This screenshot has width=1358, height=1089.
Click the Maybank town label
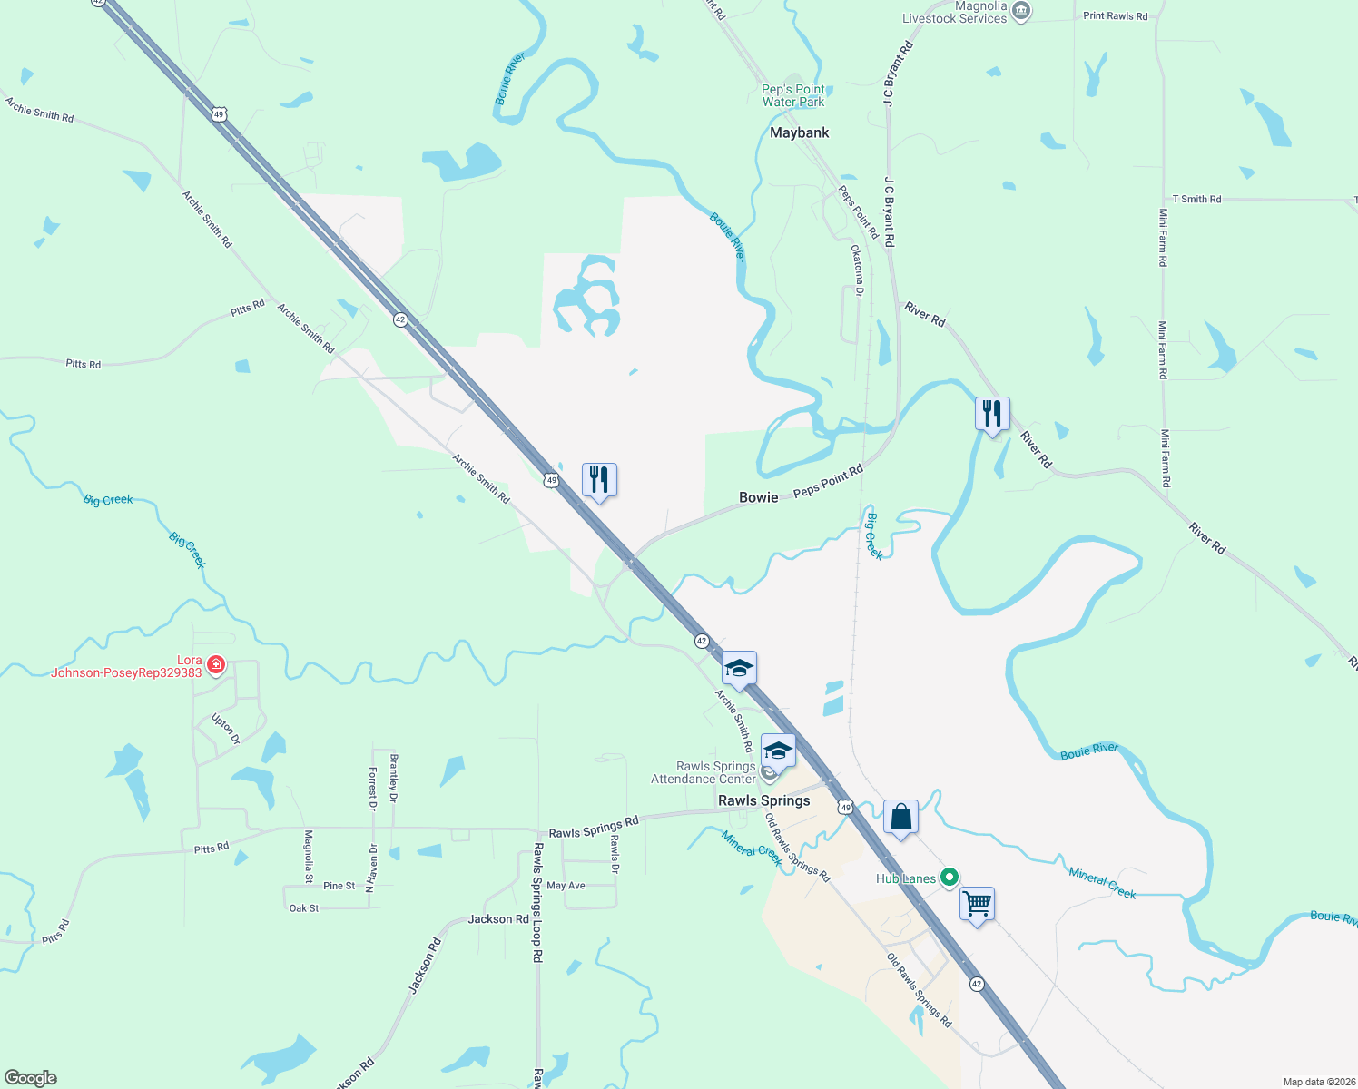(x=799, y=132)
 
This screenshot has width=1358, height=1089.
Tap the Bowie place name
(x=759, y=497)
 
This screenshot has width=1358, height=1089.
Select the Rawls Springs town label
(x=763, y=800)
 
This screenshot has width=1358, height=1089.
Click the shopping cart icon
(x=977, y=904)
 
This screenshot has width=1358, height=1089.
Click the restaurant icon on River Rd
(x=992, y=414)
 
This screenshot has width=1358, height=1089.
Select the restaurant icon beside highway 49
(x=599, y=479)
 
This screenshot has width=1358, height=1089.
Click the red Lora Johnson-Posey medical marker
(x=215, y=664)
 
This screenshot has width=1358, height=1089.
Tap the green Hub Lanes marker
(x=950, y=878)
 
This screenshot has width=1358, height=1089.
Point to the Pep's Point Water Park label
(x=793, y=95)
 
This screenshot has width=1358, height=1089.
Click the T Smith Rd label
(x=1196, y=199)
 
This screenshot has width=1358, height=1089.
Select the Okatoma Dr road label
(x=857, y=270)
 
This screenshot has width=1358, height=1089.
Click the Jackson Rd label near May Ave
(x=498, y=919)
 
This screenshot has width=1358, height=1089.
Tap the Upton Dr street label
(x=225, y=729)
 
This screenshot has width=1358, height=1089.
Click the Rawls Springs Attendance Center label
(x=704, y=772)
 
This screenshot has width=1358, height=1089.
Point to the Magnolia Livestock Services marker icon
(x=1021, y=11)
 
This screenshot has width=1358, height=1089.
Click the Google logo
(x=31, y=1078)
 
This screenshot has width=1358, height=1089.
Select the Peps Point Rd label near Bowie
(x=827, y=481)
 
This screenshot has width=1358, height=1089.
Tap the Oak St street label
(x=304, y=907)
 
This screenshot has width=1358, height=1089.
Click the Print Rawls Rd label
(x=1115, y=15)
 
